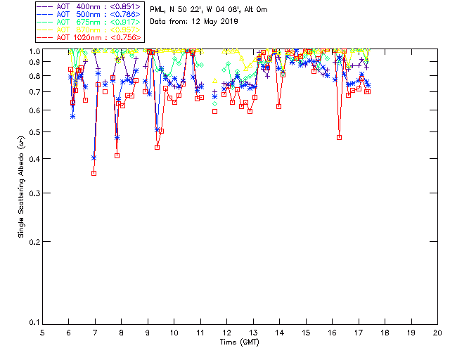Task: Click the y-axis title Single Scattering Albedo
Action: click(x=22, y=187)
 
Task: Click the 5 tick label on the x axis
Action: click(x=42, y=332)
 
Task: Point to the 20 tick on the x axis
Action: click(x=437, y=332)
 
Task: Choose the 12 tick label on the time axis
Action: click(x=226, y=332)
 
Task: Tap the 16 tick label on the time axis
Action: click(x=332, y=332)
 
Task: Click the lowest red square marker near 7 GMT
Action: click(x=94, y=173)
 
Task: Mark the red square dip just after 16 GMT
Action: click(x=340, y=137)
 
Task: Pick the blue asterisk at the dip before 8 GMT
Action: click(x=117, y=138)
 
